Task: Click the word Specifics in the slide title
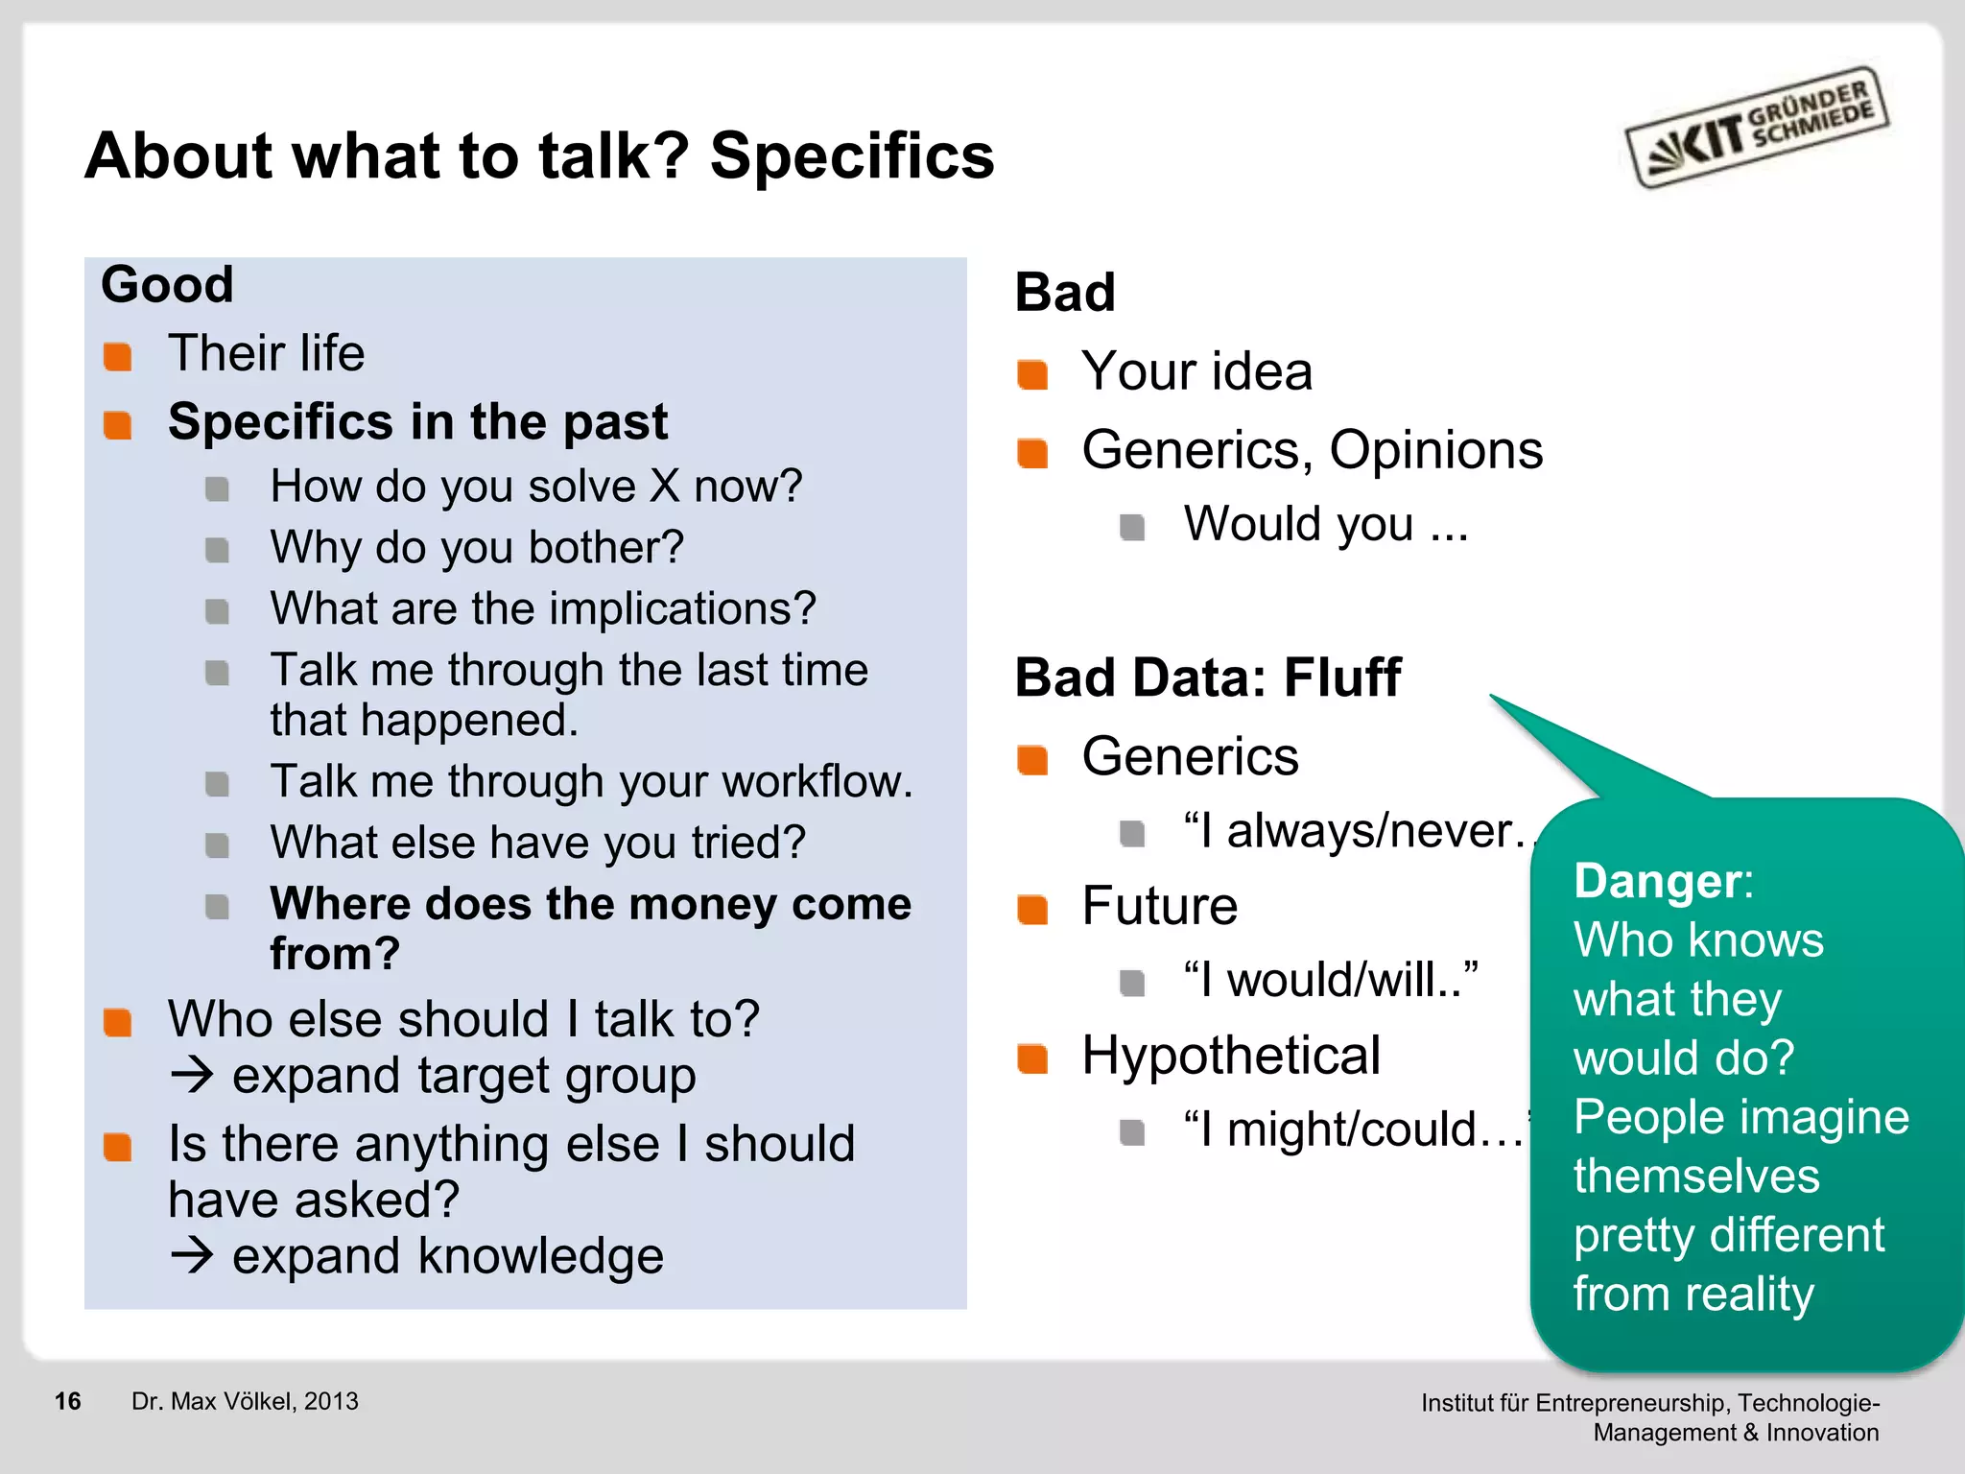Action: (851, 156)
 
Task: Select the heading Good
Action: (167, 285)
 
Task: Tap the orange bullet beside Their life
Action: (118, 356)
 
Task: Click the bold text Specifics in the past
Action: (417, 422)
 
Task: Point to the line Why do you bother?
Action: (477, 548)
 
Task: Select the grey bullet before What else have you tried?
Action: (218, 845)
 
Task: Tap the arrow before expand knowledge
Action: (192, 1255)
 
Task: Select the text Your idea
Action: (1196, 371)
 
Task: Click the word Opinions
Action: (1435, 450)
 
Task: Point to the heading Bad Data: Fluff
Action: (1207, 678)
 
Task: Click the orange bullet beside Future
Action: (1032, 909)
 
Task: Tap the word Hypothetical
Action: (1231, 1056)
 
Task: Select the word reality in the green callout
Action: (1748, 1295)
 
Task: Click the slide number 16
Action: (68, 1401)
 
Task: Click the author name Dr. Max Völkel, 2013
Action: (245, 1401)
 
